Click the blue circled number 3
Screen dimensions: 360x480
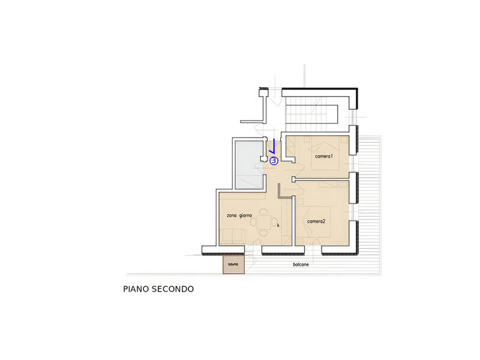tap(274, 161)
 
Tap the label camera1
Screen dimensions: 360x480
tap(323, 156)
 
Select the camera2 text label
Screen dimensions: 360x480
tap(316, 221)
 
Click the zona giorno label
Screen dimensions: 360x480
tap(239, 215)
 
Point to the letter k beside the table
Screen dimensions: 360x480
tap(278, 225)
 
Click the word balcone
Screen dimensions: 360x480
tap(301, 265)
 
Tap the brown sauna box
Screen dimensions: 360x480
tap(233, 264)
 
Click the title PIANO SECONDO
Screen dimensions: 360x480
tap(158, 289)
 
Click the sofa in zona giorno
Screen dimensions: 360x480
tap(232, 237)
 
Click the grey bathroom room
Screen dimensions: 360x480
tap(248, 164)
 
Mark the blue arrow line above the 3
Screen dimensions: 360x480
tap(273, 147)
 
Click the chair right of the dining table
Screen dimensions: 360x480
tap(274, 222)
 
